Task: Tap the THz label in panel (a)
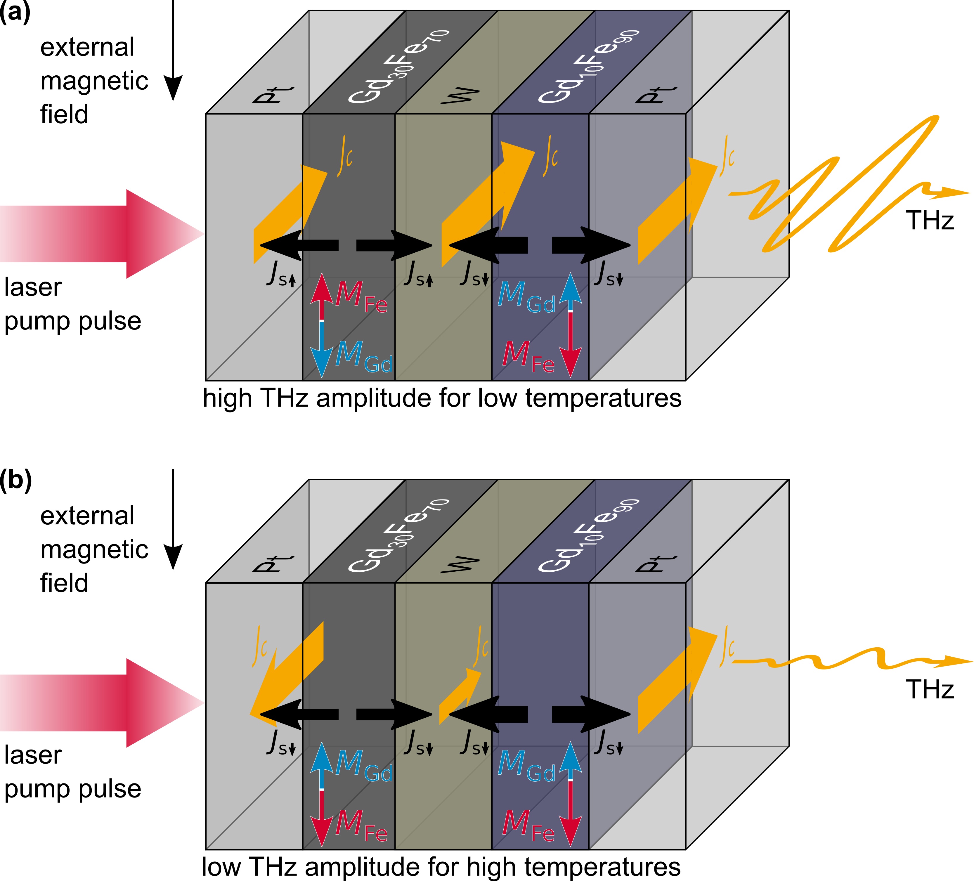tap(930, 221)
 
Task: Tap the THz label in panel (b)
tap(930, 689)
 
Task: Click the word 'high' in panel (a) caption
tap(227, 399)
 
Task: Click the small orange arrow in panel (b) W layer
tap(459, 696)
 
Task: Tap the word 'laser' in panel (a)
tap(33, 287)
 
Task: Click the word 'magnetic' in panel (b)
tap(94, 550)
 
